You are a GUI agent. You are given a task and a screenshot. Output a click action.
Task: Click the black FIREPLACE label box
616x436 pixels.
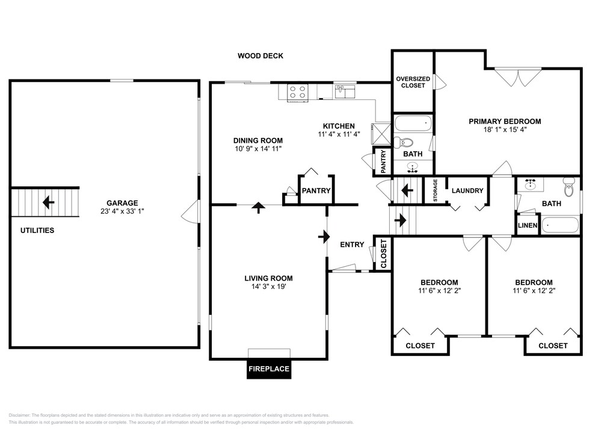click(269, 369)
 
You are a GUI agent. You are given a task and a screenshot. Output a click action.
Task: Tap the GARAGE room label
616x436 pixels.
click(122, 203)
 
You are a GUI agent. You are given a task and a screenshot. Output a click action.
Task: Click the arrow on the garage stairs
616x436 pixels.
click(48, 202)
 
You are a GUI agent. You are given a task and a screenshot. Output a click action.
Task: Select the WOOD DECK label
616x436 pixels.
click(260, 56)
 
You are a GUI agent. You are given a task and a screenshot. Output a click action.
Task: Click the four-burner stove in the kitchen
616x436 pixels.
click(297, 92)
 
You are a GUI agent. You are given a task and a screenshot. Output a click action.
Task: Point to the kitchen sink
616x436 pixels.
click(345, 91)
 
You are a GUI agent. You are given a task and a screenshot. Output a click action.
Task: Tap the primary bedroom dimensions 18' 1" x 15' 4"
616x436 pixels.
click(505, 129)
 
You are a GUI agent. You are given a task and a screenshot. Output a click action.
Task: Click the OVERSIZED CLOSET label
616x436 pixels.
click(413, 82)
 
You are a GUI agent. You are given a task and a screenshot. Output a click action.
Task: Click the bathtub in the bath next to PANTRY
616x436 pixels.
click(413, 123)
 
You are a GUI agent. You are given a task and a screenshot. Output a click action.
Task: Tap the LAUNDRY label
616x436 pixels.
click(467, 191)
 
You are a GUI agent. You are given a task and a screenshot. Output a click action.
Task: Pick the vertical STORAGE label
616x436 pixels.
click(436, 191)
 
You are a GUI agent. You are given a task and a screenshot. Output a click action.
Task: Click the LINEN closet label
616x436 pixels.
click(527, 225)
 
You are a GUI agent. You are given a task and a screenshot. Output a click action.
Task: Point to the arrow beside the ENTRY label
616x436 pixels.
click(324, 237)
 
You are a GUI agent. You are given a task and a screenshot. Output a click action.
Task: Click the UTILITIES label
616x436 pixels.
click(37, 231)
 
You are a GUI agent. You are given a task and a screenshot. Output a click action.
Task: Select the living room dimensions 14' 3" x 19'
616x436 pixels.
click(269, 287)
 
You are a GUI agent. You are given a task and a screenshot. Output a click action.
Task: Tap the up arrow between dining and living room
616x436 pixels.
click(258, 207)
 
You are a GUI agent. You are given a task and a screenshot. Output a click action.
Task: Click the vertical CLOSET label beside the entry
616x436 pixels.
click(384, 254)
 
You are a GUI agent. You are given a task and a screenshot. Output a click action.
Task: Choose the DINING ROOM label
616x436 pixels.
click(258, 140)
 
